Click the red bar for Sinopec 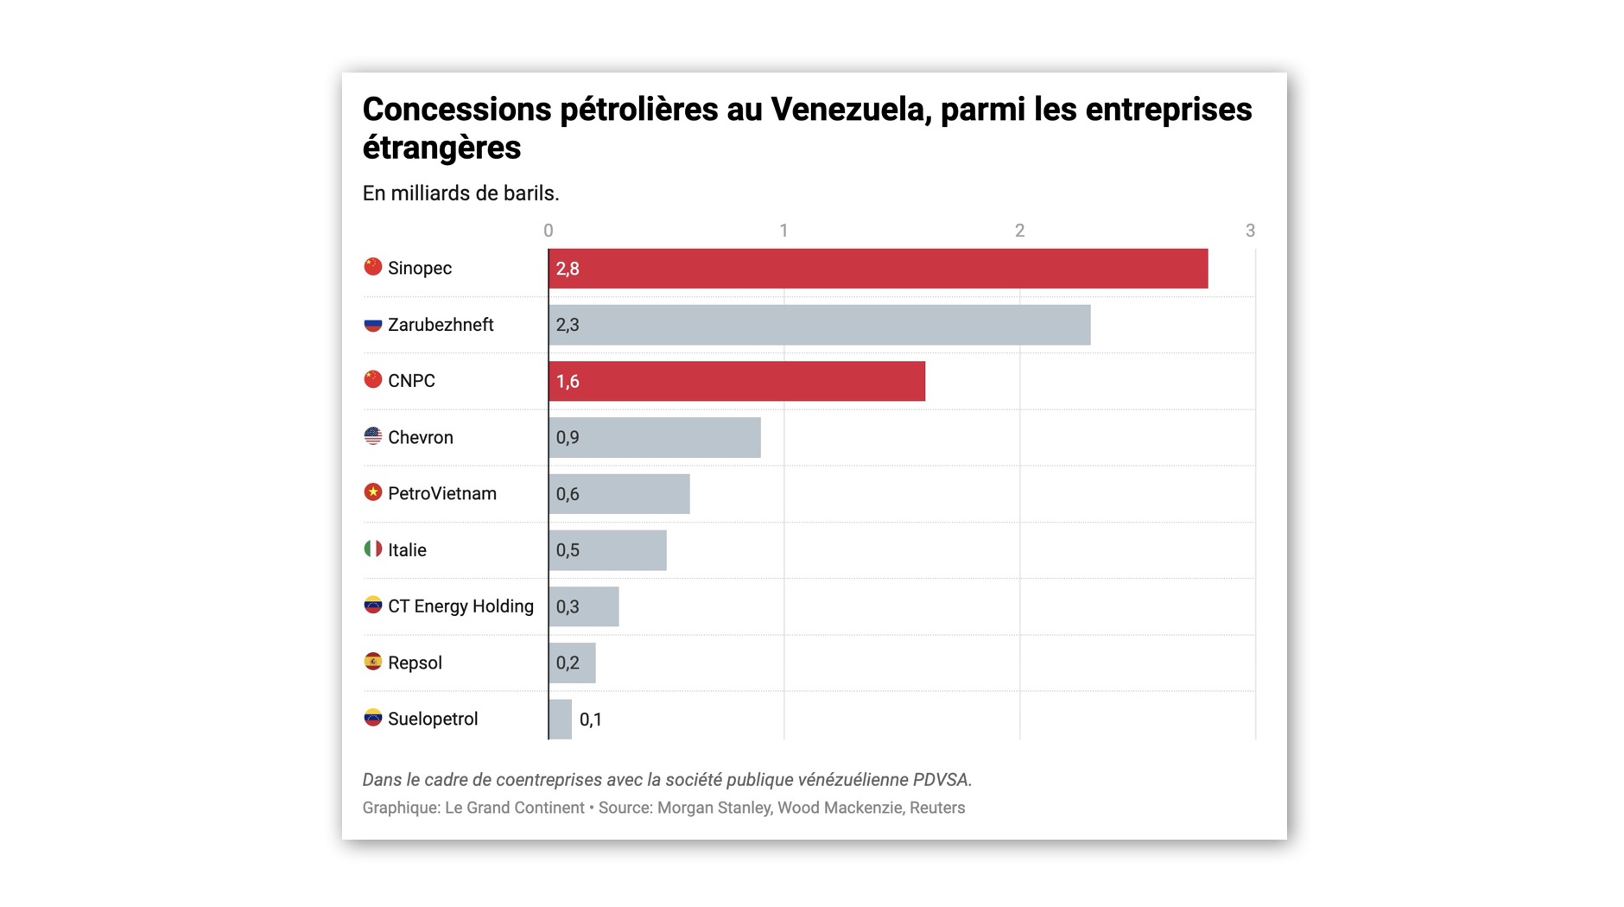[x=878, y=269]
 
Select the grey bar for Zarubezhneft [x=819, y=325]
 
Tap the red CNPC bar [x=736, y=381]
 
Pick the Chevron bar [x=654, y=437]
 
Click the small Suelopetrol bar [x=560, y=719]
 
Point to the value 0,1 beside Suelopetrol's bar [x=591, y=720]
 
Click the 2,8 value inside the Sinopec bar [x=568, y=269]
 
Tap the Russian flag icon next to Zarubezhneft [x=372, y=324]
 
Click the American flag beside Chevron [x=372, y=436]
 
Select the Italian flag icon [x=372, y=549]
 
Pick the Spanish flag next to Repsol [x=372, y=662]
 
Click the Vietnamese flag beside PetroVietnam [x=372, y=492]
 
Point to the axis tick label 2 [x=1019, y=231]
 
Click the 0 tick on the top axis [x=548, y=231]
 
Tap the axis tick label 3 [x=1250, y=231]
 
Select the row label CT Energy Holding [x=460, y=606]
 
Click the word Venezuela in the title [x=850, y=110]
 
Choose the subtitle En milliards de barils [x=460, y=193]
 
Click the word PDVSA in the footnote [x=941, y=780]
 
